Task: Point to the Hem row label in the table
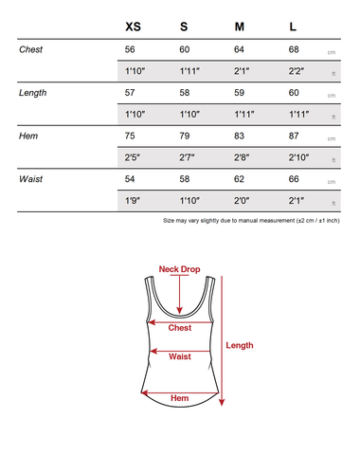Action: point(27,136)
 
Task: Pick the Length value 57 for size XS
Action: point(131,93)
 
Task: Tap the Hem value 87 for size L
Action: point(294,136)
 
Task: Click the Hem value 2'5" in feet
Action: point(133,158)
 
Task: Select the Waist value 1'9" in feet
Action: point(133,202)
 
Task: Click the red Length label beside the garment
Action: point(240,345)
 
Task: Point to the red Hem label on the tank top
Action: point(179,398)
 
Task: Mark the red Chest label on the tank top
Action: point(179,328)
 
